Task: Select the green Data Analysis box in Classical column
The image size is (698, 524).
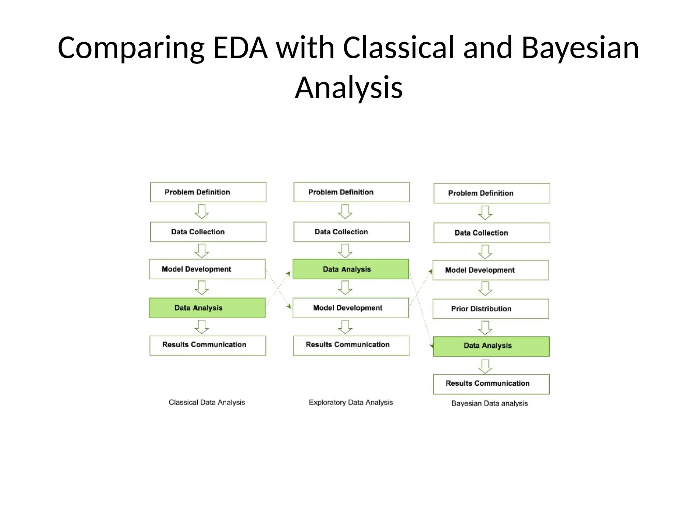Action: pyautogui.click(x=207, y=308)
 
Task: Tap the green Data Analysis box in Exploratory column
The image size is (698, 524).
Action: pyautogui.click(x=351, y=269)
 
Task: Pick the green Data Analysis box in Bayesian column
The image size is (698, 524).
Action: pyautogui.click(x=491, y=346)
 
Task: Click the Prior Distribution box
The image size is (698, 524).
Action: pyautogui.click(x=491, y=309)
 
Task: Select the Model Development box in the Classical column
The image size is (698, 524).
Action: pyautogui.click(x=207, y=269)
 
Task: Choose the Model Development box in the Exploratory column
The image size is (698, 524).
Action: pyautogui.click(x=351, y=308)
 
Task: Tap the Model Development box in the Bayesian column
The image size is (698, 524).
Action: pyautogui.click(x=491, y=270)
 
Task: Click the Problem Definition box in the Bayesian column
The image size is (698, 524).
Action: pyautogui.click(x=491, y=193)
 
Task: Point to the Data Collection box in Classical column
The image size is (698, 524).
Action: pyautogui.click(x=208, y=232)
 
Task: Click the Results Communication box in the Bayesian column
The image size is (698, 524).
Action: pyautogui.click(x=491, y=384)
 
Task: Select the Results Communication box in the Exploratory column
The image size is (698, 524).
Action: pyautogui.click(x=351, y=345)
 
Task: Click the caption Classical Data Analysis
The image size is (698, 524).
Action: pyautogui.click(x=207, y=403)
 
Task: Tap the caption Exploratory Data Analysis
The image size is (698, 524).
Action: pyautogui.click(x=351, y=403)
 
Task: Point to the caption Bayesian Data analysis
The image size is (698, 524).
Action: pyautogui.click(x=489, y=404)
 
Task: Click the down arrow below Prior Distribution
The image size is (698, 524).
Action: pyautogui.click(x=485, y=327)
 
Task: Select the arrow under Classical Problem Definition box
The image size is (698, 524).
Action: pyautogui.click(x=202, y=212)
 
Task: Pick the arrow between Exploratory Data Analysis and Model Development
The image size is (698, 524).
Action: pyautogui.click(x=345, y=288)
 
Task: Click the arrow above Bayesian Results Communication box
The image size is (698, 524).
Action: pyautogui.click(x=485, y=366)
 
